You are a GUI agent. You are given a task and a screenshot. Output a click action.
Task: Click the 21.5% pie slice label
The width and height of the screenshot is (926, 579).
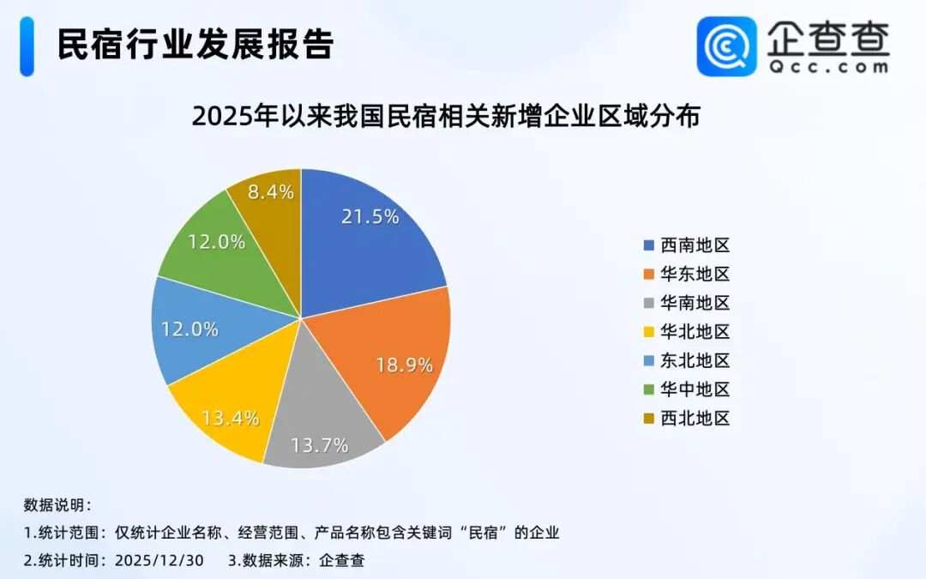pos(370,217)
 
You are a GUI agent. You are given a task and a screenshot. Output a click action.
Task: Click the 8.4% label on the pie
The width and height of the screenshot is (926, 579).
pos(271,192)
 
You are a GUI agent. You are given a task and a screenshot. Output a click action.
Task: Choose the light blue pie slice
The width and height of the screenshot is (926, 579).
pos(197,329)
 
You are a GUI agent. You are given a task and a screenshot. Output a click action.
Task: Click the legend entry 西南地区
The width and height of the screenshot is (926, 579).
pos(694,245)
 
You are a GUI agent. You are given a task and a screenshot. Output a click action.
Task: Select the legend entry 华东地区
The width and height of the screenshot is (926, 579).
pos(694,274)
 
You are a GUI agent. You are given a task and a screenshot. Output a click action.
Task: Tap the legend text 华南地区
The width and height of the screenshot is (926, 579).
pos(694,303)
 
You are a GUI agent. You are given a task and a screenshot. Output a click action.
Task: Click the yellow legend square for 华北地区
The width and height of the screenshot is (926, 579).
pos(649,332)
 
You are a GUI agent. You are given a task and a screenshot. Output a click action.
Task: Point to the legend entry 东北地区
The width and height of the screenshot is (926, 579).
pos(694,361)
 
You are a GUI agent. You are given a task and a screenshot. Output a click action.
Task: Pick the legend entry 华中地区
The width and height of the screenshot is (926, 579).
pos(694,389)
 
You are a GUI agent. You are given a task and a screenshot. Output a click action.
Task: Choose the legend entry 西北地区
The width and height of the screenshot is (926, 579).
pos(694,419)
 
